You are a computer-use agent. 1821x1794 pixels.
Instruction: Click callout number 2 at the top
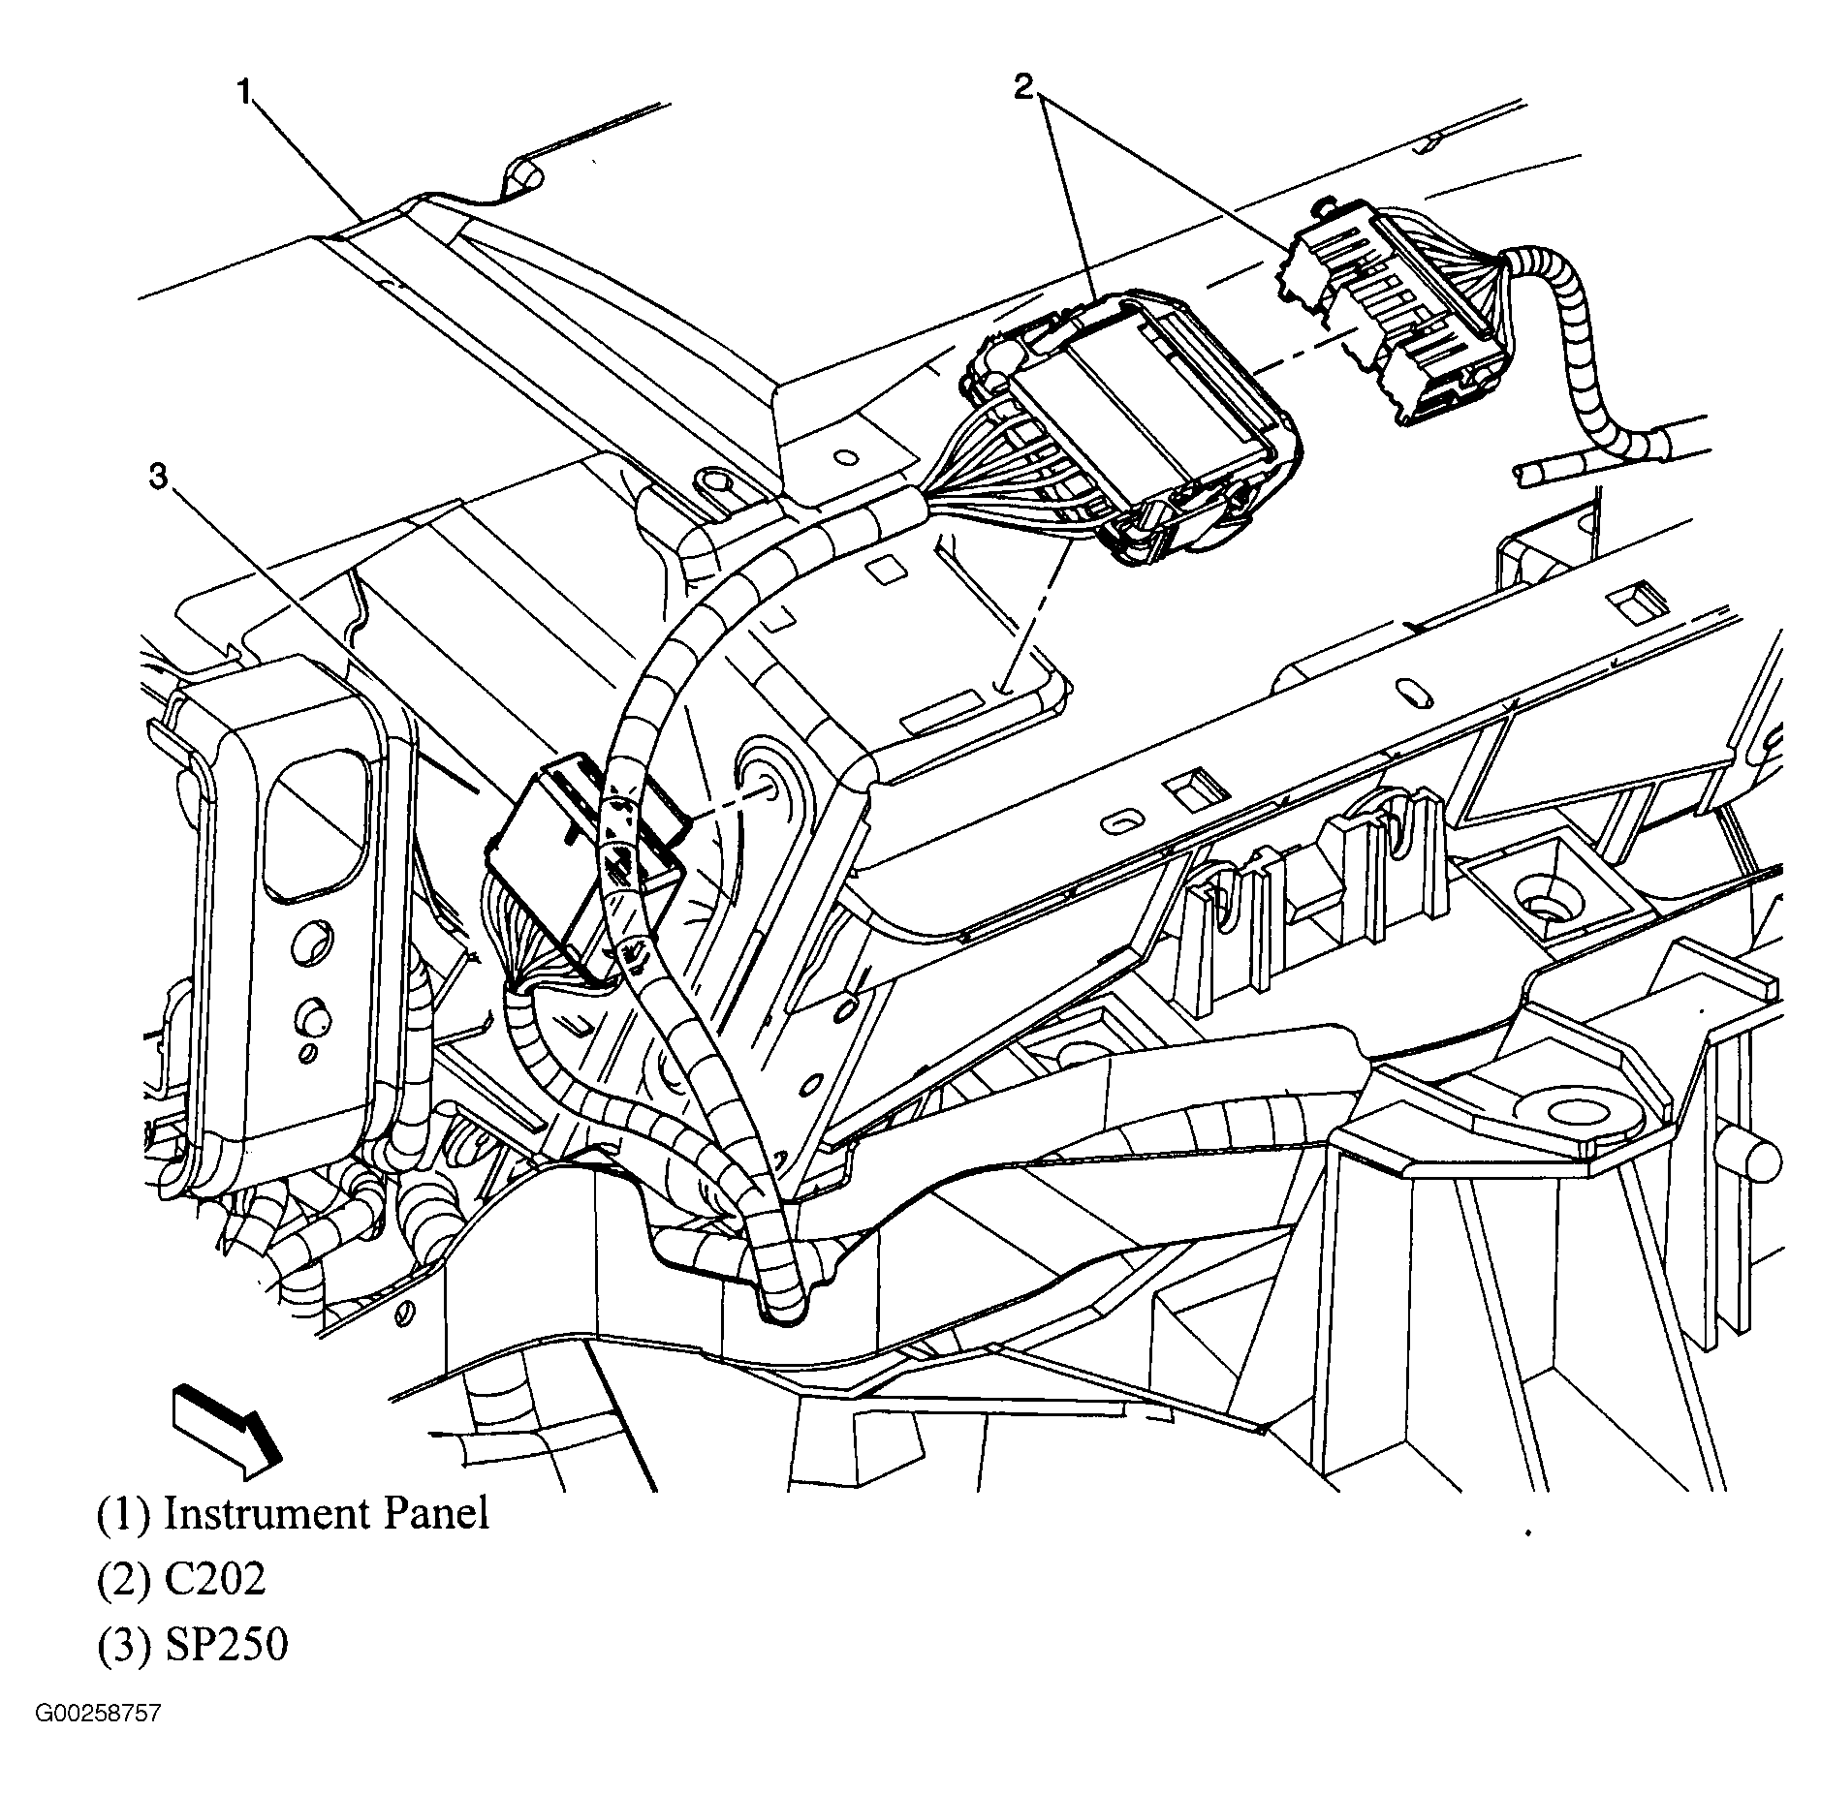click(x=1024, y=88)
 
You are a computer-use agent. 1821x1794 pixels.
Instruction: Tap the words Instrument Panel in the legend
click(x=326, y=1513)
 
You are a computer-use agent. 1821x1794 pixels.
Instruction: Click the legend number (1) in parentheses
click(x=123, y=1514)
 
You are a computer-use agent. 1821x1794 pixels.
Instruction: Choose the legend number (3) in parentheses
click(x=123, y=1646)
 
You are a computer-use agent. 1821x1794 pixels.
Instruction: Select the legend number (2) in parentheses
click(x=123, y=1580)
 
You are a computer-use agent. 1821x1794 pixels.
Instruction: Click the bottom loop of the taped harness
click(x=781, y=1307)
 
